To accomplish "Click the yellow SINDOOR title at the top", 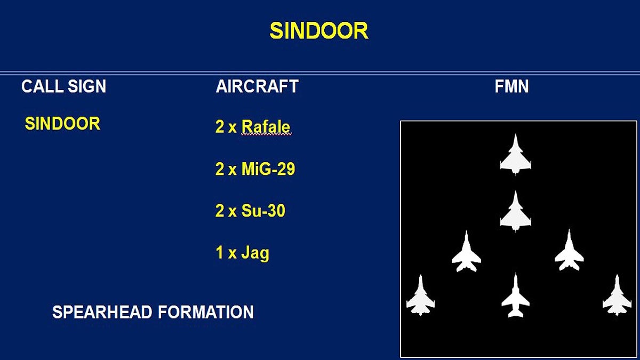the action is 319,30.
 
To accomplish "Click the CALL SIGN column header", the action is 63,86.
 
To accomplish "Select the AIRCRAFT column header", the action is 257,86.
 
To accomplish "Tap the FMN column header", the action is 511,86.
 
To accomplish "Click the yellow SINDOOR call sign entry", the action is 62,123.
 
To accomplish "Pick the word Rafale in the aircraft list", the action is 266,127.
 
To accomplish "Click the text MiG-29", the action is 268,169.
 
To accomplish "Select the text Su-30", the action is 263,211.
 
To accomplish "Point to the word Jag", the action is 255,253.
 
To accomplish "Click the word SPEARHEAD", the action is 102,312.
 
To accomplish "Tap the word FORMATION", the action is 206,312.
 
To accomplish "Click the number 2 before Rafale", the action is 220,127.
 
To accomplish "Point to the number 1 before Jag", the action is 219,252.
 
